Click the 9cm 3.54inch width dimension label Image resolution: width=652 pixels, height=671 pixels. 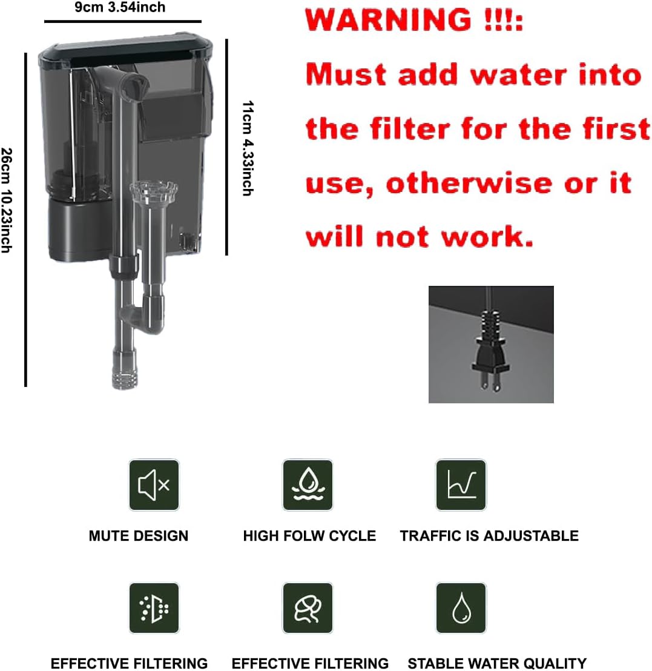[120, 7]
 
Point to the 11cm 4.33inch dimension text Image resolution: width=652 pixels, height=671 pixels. [247, 148]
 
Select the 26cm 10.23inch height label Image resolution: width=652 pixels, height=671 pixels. [7, 200]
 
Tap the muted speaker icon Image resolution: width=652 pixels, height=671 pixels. [154, 484]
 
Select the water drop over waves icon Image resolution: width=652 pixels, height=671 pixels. [308, 484]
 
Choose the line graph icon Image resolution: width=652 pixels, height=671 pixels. [461, 484]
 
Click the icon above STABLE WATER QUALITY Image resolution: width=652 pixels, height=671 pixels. [461, 608]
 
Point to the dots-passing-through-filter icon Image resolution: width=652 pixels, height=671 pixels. [154, 608]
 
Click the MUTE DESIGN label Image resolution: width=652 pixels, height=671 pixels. [139, 536]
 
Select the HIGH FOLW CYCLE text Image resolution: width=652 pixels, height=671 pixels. [309, 536]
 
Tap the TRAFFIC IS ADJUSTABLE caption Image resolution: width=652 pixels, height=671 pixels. [489, 536]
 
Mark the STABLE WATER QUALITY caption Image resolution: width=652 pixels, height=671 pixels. [497, 663]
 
